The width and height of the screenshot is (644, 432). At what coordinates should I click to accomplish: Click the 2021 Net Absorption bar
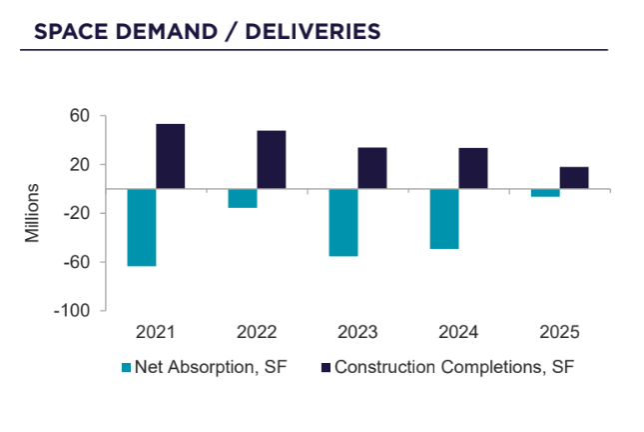(142, 227)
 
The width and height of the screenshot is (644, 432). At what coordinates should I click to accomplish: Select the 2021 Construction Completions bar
(171, 156)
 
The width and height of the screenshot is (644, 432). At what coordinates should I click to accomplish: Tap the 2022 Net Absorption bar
(243, 198)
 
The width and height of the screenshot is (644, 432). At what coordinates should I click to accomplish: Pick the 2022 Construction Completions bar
(272, 159)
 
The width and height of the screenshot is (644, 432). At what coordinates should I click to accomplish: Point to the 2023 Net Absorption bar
(343, 222)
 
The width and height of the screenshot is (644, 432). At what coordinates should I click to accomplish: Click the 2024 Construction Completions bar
(473, 168)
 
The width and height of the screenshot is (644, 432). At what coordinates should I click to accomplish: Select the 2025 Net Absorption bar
(545, 193)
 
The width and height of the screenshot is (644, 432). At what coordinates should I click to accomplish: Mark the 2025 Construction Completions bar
(574, 177)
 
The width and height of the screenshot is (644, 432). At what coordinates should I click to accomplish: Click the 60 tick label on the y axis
(81, 116)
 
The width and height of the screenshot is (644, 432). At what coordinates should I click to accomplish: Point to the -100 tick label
(75, 311)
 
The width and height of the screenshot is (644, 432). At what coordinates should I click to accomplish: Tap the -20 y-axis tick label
(78, 213)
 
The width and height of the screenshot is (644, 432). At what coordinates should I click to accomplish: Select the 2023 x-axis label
(358, 332)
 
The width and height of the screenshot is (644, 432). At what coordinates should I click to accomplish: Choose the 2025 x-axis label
(559, 332)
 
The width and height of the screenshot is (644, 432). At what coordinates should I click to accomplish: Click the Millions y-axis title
(33, 213)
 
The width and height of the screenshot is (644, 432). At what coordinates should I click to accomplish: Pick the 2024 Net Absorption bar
(444, 218)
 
